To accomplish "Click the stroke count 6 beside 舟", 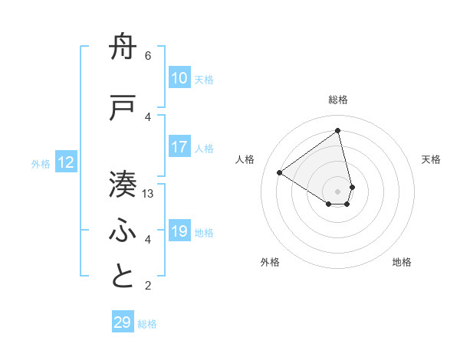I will coord(148,56).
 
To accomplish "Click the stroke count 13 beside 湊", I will coord(148,194).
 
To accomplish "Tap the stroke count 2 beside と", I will coord(148,286).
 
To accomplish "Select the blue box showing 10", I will coord(179,78).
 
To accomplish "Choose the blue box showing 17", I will coord(179,147).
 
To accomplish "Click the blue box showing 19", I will coord(179,231).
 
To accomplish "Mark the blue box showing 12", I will coord(66,162).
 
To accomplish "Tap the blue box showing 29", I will coord(123,322).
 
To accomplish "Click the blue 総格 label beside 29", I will coord(147,324).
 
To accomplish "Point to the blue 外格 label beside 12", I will coord(41,163).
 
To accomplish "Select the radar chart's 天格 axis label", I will coord(431,159).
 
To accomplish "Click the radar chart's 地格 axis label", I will coord(402,262).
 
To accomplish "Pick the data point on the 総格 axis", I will coord(337,131).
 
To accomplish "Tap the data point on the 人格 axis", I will coord(280,172).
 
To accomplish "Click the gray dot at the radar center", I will coord(337,191).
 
